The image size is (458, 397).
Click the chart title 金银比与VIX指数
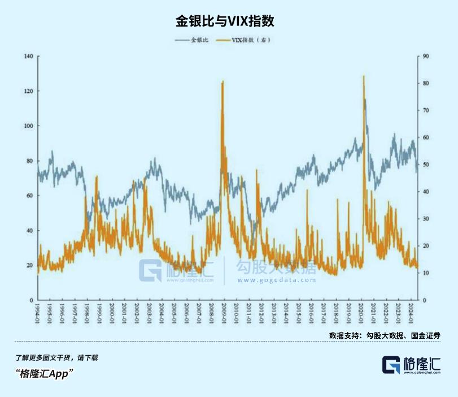point(229,21)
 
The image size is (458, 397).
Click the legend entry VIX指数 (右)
point(247,41)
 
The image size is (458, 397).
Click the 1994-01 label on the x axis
point(38,313)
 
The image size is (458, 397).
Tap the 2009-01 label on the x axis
point(224,313)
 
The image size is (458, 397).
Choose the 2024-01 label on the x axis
point(409,313)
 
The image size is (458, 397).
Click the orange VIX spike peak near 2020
point(363,76)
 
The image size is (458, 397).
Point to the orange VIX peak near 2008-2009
point(223,81)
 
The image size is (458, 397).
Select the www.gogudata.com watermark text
point(275,279)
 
